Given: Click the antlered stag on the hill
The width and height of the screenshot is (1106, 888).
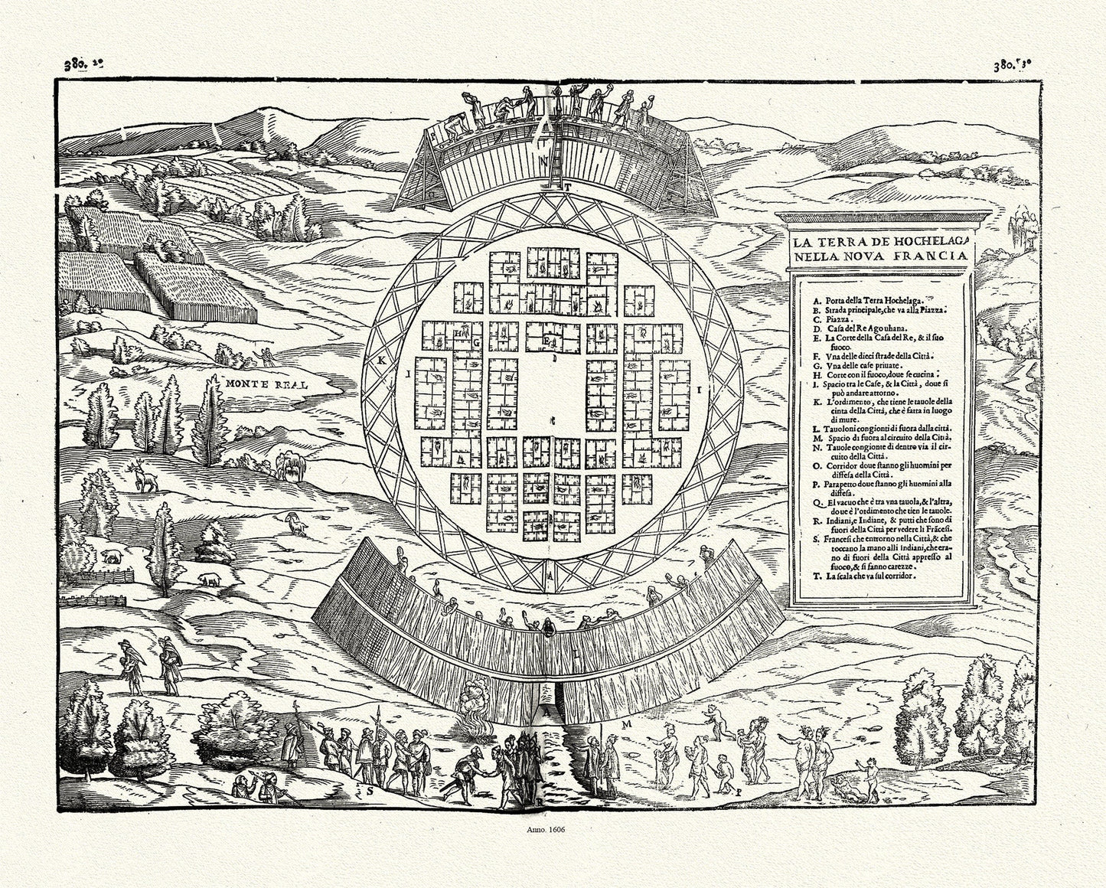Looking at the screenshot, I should pyautogui.click(x=142, y=477).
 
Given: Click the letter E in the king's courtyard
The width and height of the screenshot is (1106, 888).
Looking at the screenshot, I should pyautogui.click(x=546, y=340).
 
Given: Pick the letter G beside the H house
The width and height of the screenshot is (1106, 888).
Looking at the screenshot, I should pyautogui.click(x=475, y=343).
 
